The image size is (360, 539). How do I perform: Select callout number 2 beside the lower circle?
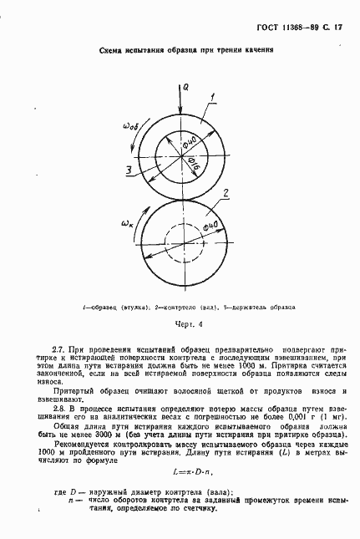coord(225,196)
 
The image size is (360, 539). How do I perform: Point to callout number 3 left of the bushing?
coord(127,170)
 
